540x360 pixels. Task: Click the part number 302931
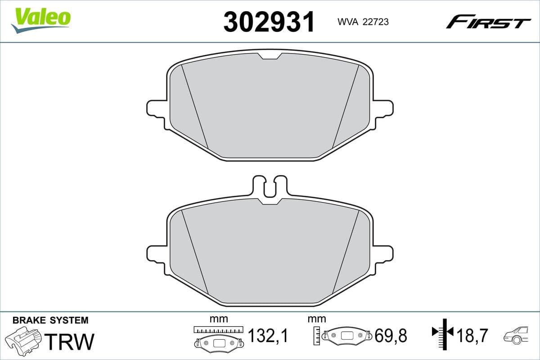point(269,22)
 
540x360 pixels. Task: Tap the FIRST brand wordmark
point(488,22)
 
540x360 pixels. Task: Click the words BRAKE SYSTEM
point(50,320)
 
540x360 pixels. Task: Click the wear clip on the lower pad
point(269,187)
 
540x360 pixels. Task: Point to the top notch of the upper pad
point(270,56)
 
